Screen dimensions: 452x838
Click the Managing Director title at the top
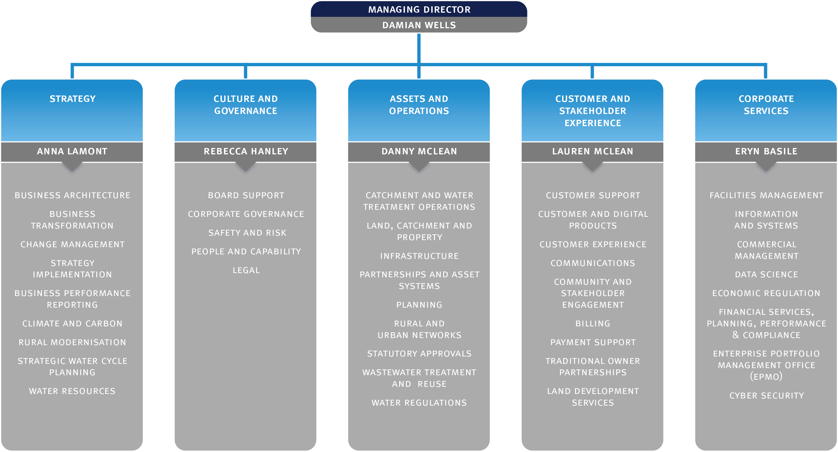[419, 9]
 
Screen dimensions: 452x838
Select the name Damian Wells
[419, 25]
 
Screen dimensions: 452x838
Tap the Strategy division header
[72, 99]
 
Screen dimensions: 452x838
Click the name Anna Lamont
[72, 151]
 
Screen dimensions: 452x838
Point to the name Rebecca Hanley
[246, 151]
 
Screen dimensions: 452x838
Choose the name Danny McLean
[419, 151]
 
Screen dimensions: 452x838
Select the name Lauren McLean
[592, 151]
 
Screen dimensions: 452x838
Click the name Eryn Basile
[766, 151]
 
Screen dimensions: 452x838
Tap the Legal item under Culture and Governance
[246, 270]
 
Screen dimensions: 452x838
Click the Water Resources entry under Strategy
[72, 391]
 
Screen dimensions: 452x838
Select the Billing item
[593, 324]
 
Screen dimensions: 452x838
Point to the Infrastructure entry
[419, 256]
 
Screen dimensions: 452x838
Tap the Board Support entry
[246, 196]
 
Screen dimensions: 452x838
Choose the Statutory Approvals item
[419, 354]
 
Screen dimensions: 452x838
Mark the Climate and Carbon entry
[72, 324]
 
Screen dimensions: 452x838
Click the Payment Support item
[593, 342]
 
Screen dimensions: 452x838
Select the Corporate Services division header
[766, 105]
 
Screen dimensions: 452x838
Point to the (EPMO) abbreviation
[766, 377]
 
